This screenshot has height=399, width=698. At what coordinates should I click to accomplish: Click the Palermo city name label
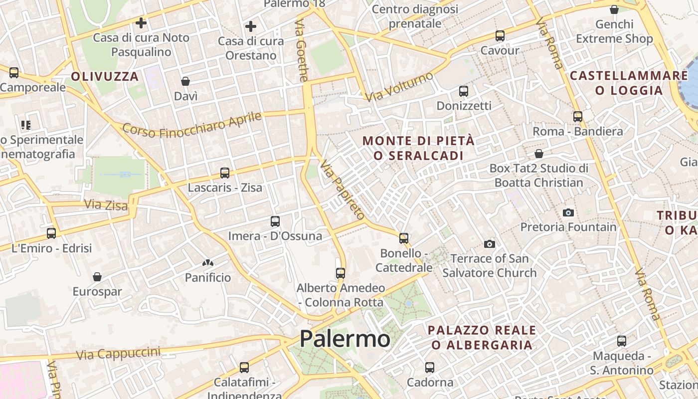(x=345, y=339)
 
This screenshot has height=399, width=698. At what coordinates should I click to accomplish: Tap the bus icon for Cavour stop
(x=500, y=36)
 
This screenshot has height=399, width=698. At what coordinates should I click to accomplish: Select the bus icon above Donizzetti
(x=463, y=91)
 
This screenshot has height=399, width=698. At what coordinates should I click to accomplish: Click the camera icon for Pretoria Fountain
(x=568, y=212)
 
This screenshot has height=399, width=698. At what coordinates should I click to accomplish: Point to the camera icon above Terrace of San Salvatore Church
(x=490, y=244)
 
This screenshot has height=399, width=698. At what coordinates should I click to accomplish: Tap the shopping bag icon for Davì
(x=185, y=81)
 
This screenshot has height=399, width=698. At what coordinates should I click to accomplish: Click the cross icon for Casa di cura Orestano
(x=251, y=26)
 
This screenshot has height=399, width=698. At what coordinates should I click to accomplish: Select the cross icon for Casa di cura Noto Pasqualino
(x=141, y=22)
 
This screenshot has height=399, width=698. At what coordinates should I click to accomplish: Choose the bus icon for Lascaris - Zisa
(x=225, y=173)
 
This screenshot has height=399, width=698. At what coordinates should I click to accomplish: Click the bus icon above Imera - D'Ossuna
(x=275, y=221)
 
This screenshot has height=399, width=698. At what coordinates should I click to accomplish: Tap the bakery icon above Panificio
(x=208, y=263)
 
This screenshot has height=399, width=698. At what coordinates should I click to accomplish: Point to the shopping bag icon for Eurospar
(x=97, y=277)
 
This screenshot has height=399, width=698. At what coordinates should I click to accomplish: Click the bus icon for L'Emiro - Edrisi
(x=51, y=233)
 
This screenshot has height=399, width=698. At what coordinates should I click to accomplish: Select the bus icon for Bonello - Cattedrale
(x=404, y=238)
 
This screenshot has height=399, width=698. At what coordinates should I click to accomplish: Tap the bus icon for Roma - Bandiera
(x=577, y=117)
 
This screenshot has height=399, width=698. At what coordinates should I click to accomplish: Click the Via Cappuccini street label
(x=118, y=354)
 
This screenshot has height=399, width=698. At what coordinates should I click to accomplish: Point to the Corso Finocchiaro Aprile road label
(x=192, y=125)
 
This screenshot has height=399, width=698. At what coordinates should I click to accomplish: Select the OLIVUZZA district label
(x=105, y=76)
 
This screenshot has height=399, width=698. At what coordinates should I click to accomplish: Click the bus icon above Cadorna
(x=430, y=368)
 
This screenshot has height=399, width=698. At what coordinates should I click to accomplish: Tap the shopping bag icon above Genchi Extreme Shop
(x=614, y=9)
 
